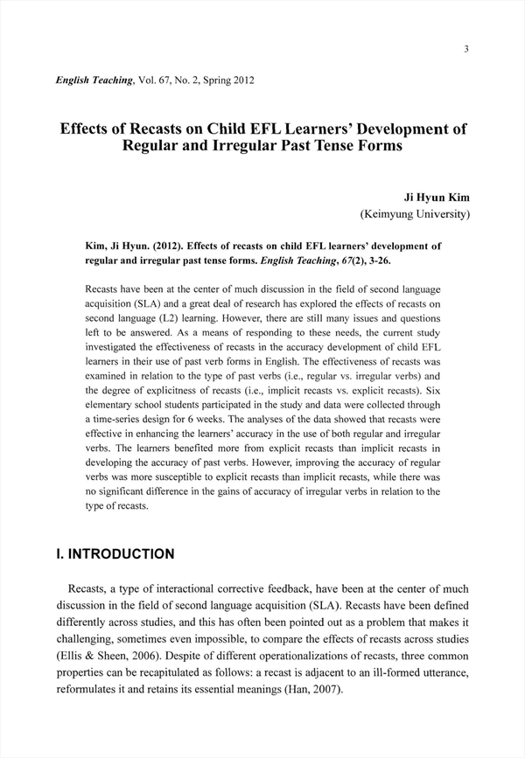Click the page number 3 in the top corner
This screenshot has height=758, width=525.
pyautogui.click(x=467, y=49)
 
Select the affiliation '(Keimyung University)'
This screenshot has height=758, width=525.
pyautogui.click(x=416, y=213)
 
